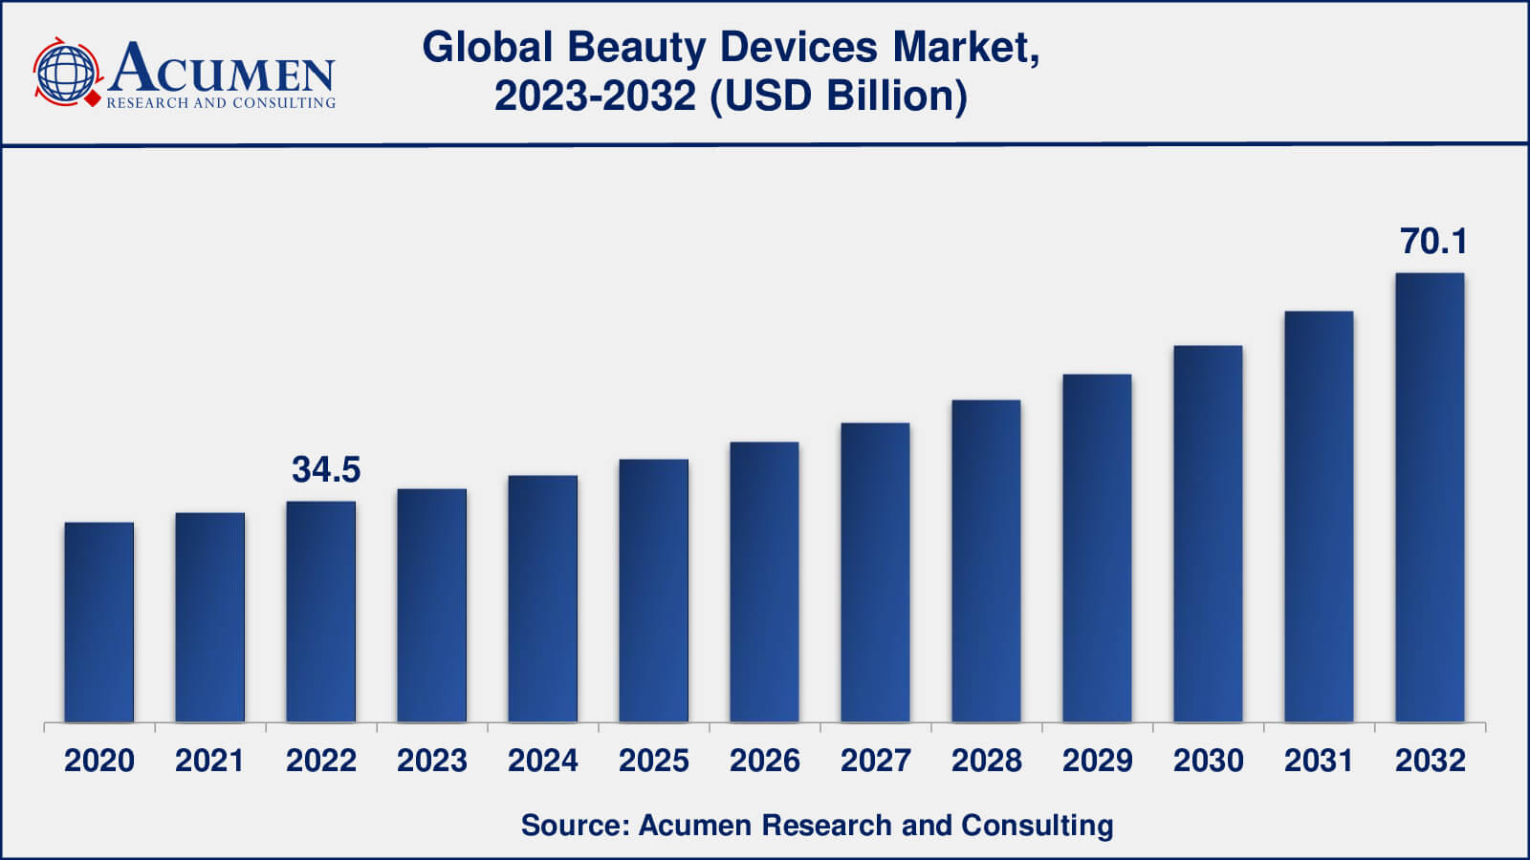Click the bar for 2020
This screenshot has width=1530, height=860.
pos(99,622)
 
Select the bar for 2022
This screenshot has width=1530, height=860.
pos(321,612)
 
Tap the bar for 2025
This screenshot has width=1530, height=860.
pos(654,591)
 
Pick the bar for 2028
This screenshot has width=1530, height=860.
pos(986,561)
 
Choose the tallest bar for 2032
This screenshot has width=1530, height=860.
pos(1430,497)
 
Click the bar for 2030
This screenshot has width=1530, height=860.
pos(1208,533)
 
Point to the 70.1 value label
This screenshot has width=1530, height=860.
pos(1433,242)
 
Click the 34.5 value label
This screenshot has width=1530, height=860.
pos(326,470)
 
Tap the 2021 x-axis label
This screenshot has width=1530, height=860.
pos(210,761)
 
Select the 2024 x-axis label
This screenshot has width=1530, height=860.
pos(543,761)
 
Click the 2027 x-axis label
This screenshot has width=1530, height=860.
pos(876,761)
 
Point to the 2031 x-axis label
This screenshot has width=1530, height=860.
pos(1319,761)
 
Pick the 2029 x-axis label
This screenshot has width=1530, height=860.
pos(1097,761)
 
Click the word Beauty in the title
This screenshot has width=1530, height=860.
pos(636,48)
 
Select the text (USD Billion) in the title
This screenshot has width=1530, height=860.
pos(839,97)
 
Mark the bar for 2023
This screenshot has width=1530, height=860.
pos(432,606)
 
